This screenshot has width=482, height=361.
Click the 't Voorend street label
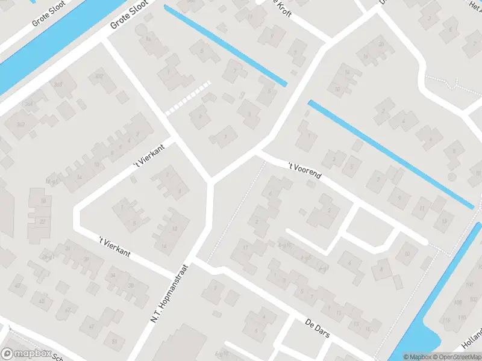tap(304, 171)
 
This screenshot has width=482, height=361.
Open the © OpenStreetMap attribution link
tap(456, 357)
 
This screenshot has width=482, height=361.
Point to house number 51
tap(114, 341)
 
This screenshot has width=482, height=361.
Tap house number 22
tap(42, 221)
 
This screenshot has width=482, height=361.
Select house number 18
tap(42, 200)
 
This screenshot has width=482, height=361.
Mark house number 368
tap(58, 85)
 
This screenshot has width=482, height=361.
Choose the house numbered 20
tap(381, 44)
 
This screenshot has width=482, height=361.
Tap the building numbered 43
tap(42, 300)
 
